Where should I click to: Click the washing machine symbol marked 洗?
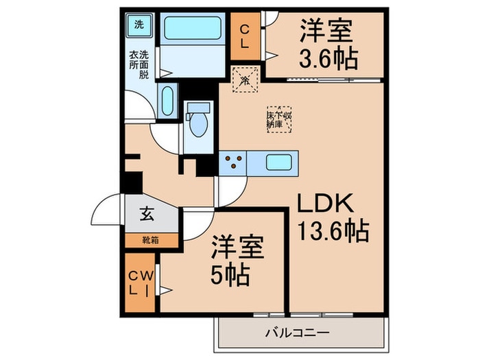pyautogui.click(x=139, y=26)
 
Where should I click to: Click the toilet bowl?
pyautogui.click(x=199, y=123)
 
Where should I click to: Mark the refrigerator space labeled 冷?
pyautogui.click(x=245, y=80)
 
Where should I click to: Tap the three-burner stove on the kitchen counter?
pyautogui.click(x=232, y=163)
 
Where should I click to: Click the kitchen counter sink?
pyautogui.click(x=278, y=164)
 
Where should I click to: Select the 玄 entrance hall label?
pyautogui.click(x=147, y=214)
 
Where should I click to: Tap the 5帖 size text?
pyautogui.click(x=228, y=275)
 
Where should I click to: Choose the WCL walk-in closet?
pyautogui.click(x=140, y=283)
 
